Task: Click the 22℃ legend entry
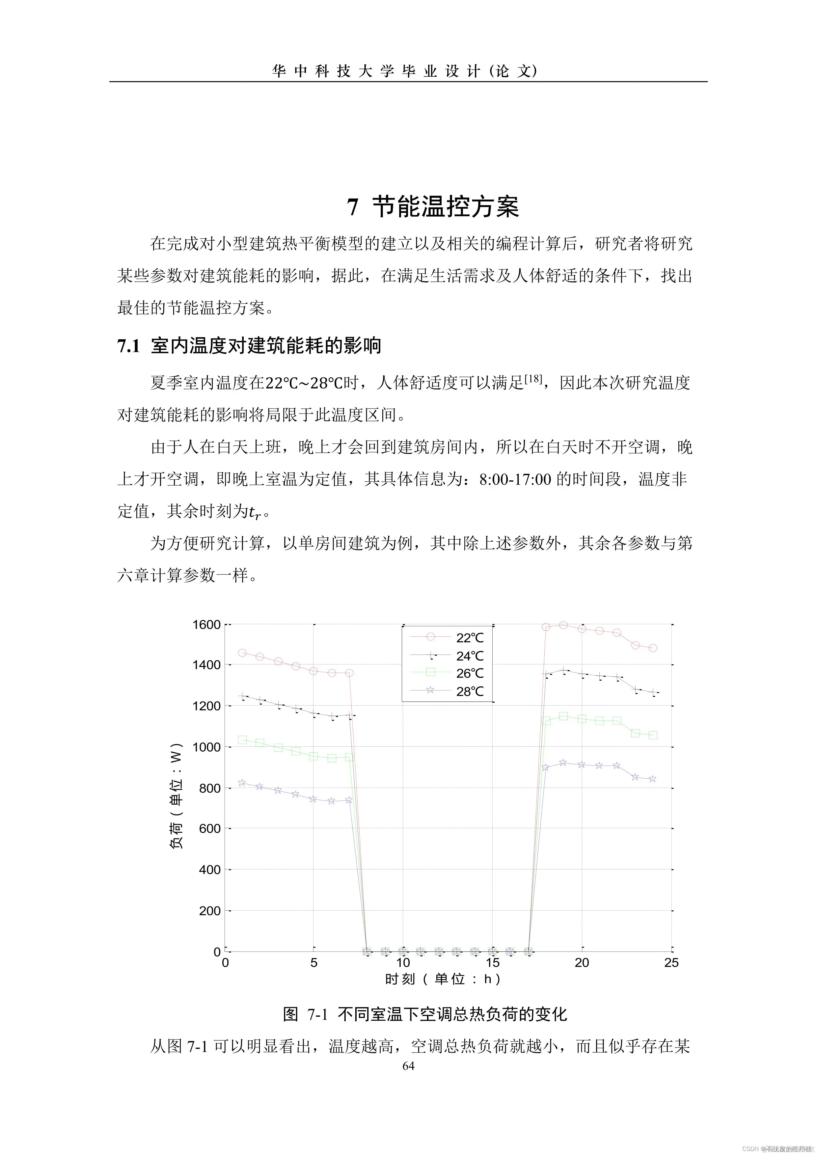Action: click(x=469, y=637)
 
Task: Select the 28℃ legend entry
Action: click(x=469, y=691)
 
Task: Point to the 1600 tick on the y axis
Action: click(x=206, y=625)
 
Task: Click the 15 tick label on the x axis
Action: click(x=493, y=962)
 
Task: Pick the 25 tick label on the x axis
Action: click(x=671, y=962)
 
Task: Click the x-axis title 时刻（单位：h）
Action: click(x=443, y=979)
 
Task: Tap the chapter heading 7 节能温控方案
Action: click(x=433, y=206)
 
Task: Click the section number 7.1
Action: click(x=128, y=346)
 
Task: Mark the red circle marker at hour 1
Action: click(x=242, y=653)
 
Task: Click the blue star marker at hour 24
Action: click(x=652, y=779)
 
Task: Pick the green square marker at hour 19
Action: click(x=563, y=716)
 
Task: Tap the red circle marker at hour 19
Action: click(x=563, y=625)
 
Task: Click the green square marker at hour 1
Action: click(x=242, y=740)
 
